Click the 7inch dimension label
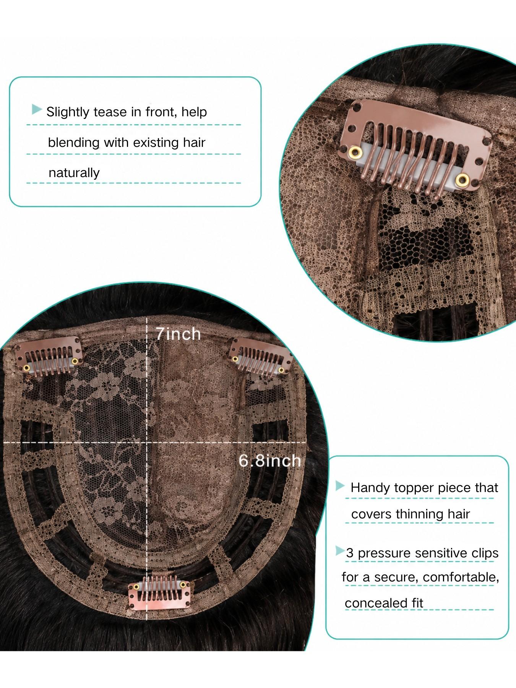pyautogui.click(x=178, y=334)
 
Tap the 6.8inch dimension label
pyautogui.click(x=270, y=461)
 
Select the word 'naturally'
pyautogui.click(x=74, y=173)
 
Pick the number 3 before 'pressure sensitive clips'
pyautogui.click(x=350, y=553)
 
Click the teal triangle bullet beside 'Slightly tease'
pyautogui.click(x=37, y=110)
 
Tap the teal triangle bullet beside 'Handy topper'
pyautogui.click(x=340, y=486)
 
